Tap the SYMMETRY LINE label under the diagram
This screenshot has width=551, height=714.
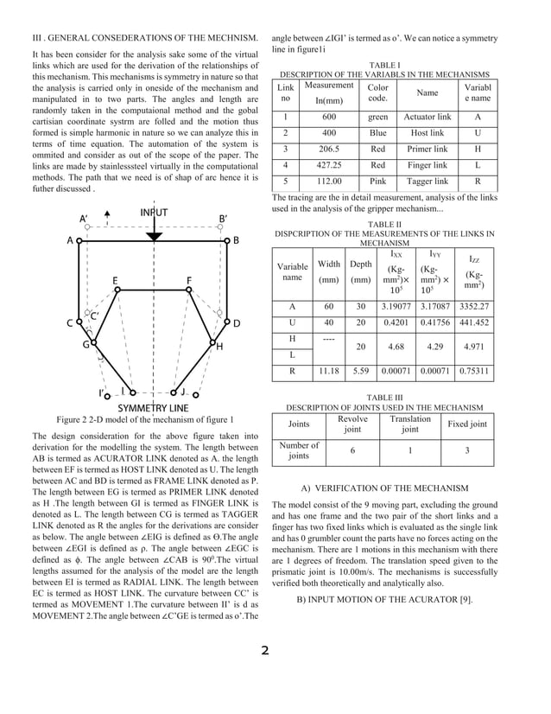point(153,407)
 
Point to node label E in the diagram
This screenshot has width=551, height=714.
point(115,281)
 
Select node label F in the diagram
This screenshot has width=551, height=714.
point(189,281)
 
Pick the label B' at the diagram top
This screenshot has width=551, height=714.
point(223,219)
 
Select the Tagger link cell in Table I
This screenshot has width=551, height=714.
point(427,182)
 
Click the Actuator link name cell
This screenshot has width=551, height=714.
point(427,118)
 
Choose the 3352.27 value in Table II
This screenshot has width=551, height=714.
point(475,306)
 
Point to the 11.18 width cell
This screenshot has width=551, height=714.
point(329,372)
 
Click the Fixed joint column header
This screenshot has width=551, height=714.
point(466,424)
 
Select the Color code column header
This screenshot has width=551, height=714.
point(378,92)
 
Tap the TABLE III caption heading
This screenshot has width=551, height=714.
point(384,398)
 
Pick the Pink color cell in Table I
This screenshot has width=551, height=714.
point(378,182)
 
